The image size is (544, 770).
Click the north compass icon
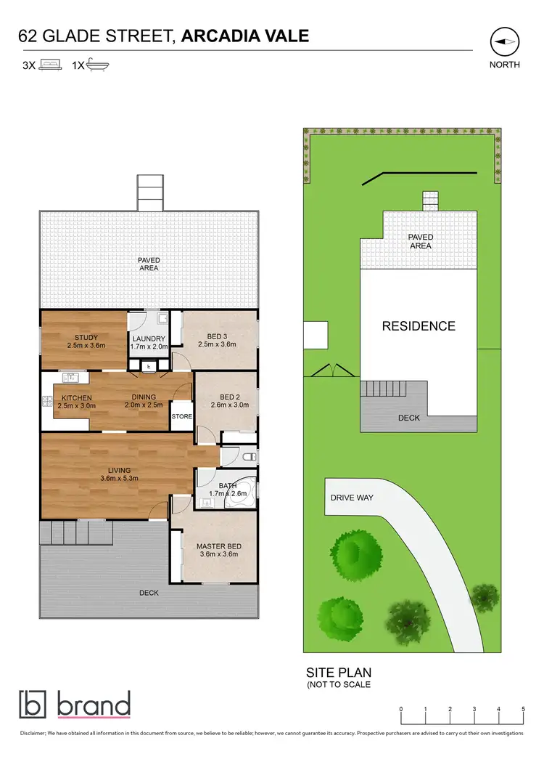click(x=504, y=42)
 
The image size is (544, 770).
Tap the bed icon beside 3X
click(x=50, y=65)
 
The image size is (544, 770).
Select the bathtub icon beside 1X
click(x=97, y=65)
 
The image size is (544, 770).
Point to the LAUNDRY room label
click(x=149, y=339)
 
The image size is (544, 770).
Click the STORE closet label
click(x=181, y=417)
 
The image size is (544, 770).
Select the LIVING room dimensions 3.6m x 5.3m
click(x=119, y=479)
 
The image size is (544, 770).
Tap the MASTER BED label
click(x=218, y=546)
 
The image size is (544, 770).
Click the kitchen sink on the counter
click(x=71, y=377)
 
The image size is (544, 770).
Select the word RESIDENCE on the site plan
click(x=419, y=326)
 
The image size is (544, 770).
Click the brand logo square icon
click(x=32, y=705)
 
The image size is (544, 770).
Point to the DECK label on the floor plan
click(x=149, y=593)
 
